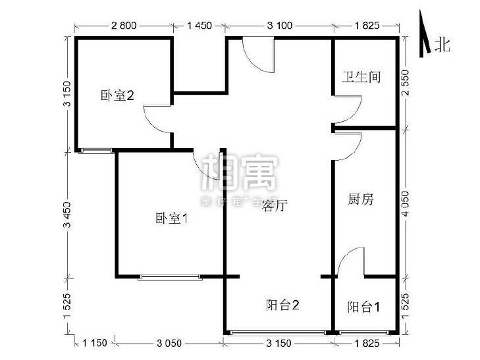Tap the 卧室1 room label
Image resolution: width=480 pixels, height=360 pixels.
[172, 219]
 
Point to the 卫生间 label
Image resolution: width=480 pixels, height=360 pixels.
[361, 77]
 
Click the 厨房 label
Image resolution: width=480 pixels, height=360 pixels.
[360, 199]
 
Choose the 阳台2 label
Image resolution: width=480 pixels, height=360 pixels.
[284, 305]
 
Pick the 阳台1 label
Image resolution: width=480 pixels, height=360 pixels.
[363, 307]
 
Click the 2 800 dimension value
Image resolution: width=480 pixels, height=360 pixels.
[123, 26]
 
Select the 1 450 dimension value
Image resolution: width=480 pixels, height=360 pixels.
[200, 26]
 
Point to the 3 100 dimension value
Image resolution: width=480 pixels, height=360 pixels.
[280, 26]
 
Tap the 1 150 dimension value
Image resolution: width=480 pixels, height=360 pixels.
[95, 343]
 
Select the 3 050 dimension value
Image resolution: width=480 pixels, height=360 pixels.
[170, 343]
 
